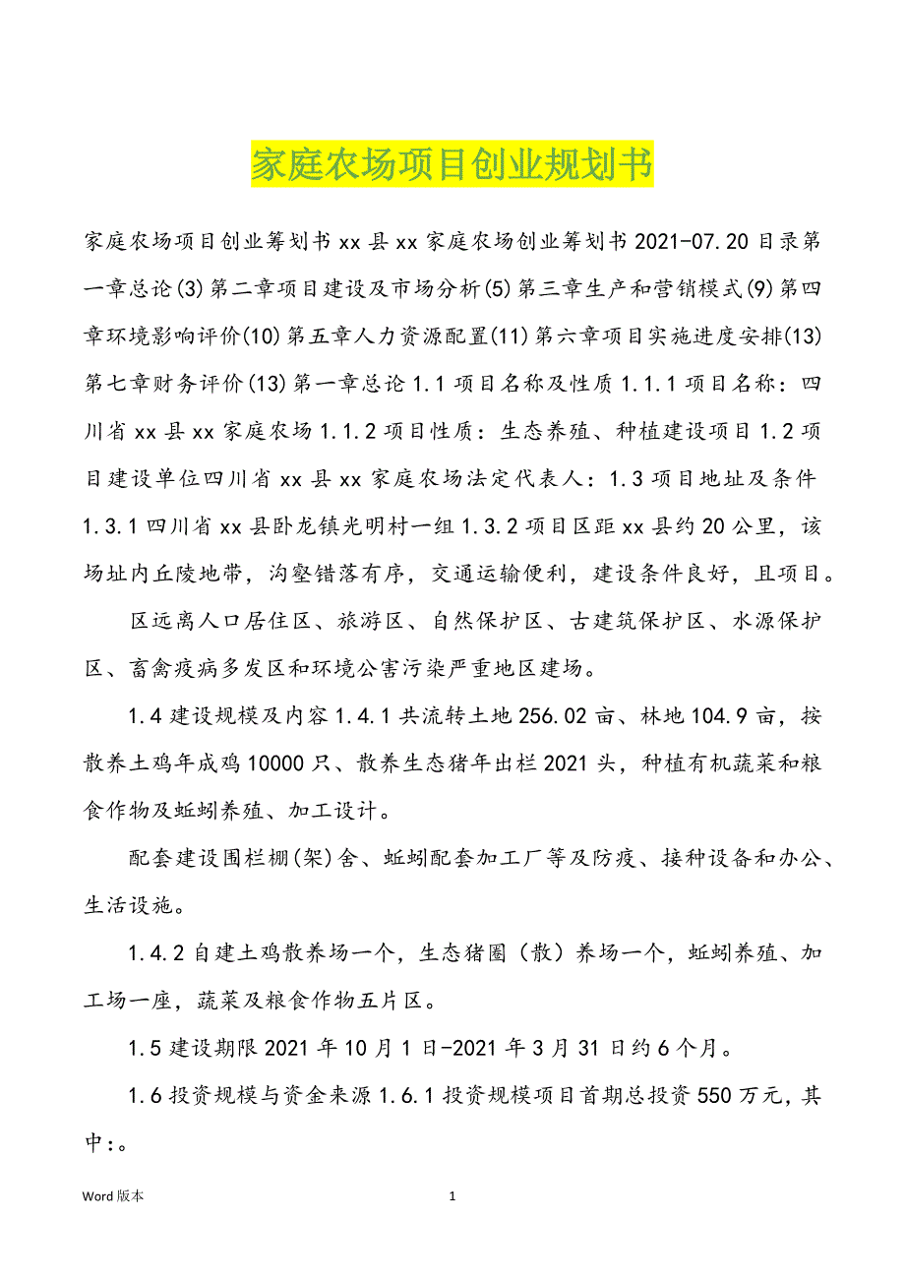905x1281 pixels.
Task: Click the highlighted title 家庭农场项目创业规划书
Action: pyautogui.click(x=452, y=165)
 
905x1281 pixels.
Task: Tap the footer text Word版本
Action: pyautogui.click(x=113, y=1196)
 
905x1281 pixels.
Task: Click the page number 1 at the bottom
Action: pyautogui.click(x=452, y=1196)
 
